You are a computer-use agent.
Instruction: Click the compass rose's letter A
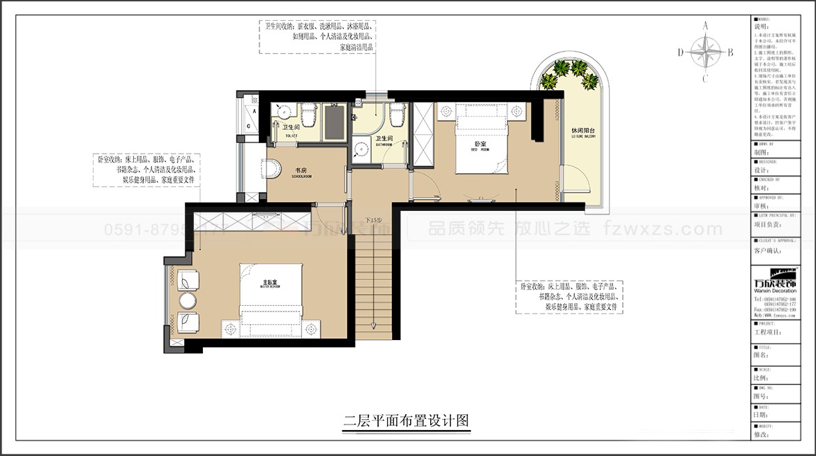tap(705, 26)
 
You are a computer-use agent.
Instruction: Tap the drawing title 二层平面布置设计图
tap(405, 421)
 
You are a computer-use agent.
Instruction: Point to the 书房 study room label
tap(302, 171)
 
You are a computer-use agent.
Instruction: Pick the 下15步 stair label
tap(375, 221)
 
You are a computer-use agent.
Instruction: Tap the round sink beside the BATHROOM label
tap(361, 148)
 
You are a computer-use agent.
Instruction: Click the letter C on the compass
tap(705, 78)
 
